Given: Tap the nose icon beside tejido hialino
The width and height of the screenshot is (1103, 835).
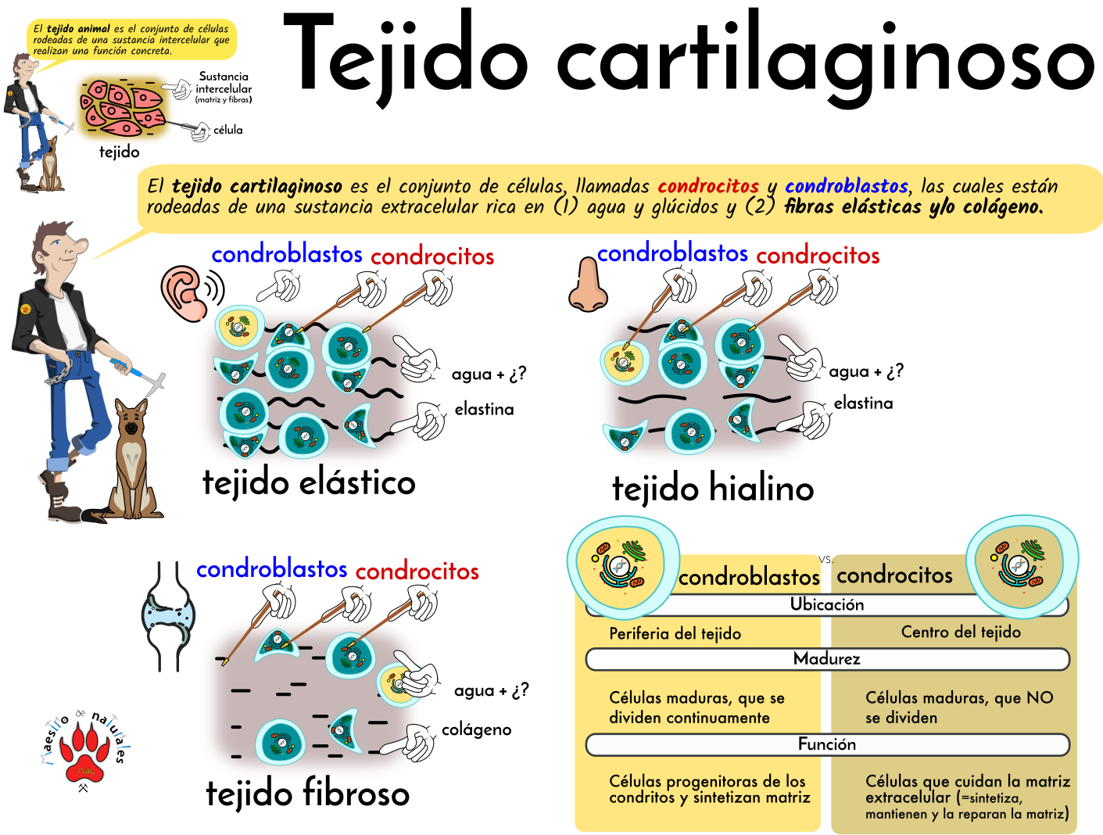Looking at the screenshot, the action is click(x=588, y=285).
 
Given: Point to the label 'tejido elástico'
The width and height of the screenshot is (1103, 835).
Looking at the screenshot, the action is click(x=309, y=482).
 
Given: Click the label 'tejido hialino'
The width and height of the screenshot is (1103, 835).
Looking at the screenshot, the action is click(x=713, y=489).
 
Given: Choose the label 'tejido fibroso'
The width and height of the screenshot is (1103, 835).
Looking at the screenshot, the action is click(x=307, y=794).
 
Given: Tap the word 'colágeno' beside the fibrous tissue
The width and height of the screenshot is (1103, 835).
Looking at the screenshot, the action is click(x=476, y=729).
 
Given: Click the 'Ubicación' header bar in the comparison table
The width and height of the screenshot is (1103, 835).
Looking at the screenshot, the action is click(x=826, y=604).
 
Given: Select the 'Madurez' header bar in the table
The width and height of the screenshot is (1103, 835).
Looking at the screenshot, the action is click(x=826, y=659).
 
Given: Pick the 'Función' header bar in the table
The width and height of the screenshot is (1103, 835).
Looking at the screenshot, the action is click(x=826, y=744).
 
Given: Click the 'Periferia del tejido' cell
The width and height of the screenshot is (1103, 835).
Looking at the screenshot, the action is click(x=675, y=633).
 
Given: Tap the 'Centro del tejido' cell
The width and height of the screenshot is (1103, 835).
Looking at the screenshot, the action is click(x=960, y=632).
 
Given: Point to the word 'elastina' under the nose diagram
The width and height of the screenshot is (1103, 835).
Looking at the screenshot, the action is click(x=863, y=403).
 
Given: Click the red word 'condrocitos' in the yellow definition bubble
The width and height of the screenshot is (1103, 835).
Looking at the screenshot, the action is click(x=708, y=186).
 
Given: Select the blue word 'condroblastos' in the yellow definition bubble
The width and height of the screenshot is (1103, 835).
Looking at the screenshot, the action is click(x=847, y=186).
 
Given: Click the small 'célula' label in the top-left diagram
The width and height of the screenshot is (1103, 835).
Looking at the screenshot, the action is click(x=227, y=131).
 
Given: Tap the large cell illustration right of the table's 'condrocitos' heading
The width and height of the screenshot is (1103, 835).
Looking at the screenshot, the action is click(x=1022, y=564).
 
